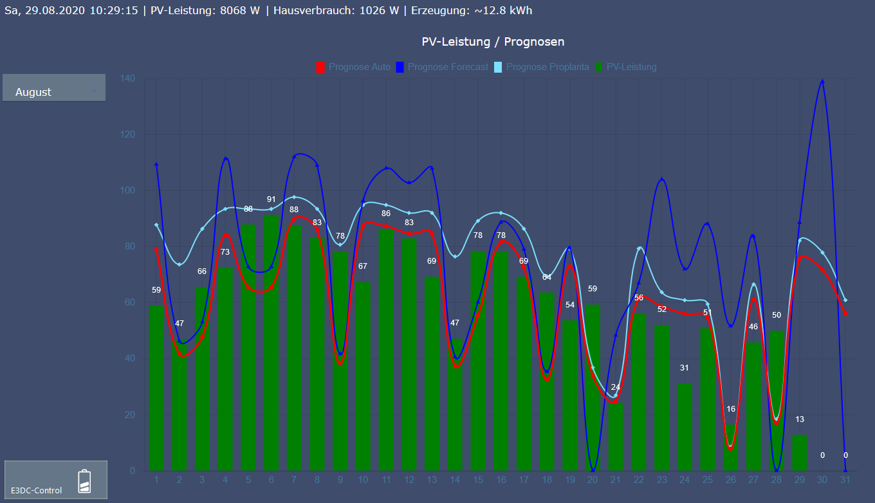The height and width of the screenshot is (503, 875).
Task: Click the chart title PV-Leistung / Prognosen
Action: coord(493,42)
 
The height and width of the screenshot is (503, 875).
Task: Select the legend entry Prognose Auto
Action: coord(353,67)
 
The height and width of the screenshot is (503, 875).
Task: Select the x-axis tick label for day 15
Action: coord(477,480)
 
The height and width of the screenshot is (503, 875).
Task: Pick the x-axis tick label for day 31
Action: coord(845,480)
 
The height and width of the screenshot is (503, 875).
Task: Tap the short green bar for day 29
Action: coord(799,452)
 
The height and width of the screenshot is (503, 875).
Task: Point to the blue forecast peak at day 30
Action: coord(822,81)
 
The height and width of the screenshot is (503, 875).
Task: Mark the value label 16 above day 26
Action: coord(731,409)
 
